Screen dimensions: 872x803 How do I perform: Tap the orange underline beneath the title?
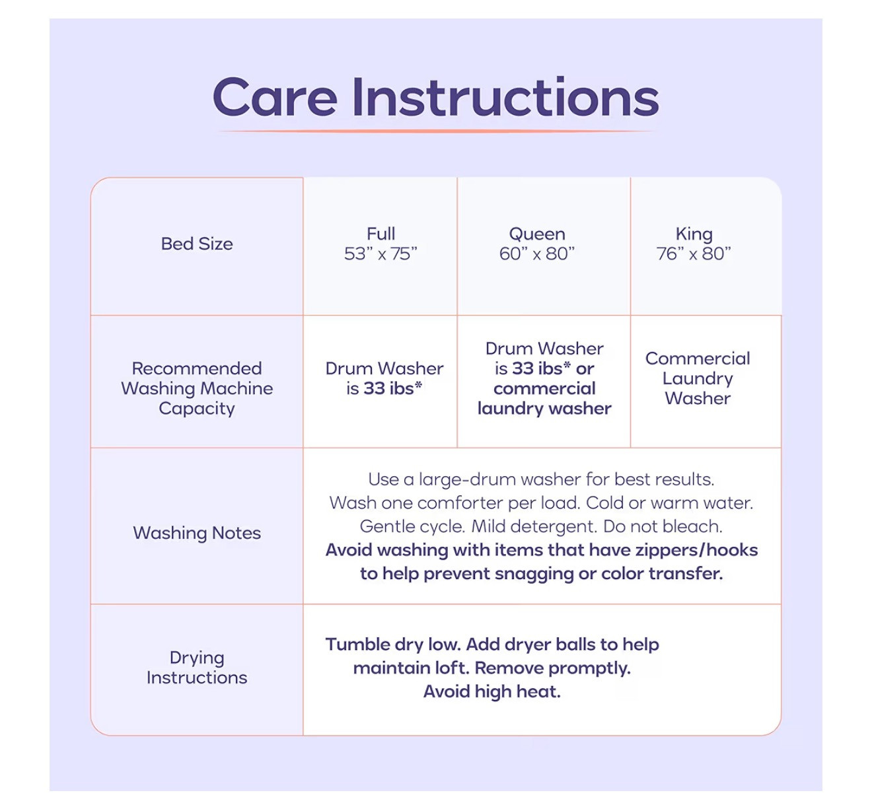pos(437,130)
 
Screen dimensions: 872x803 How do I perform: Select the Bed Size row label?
pos(197,244)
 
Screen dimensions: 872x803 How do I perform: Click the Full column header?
pos(381,234)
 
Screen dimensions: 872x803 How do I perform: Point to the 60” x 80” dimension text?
pos(537,254)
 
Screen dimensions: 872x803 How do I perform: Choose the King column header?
pos(694,234)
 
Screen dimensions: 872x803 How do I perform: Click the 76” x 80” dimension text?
pos(694,254)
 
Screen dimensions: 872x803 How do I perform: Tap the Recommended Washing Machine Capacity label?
pos(197,388)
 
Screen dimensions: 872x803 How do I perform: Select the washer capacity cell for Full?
pos(384,378)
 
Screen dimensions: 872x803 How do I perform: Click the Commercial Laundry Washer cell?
pos(698,378)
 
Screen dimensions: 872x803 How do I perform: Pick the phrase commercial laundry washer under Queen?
pos(544,398)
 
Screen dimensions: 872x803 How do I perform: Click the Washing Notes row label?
pos(197,533)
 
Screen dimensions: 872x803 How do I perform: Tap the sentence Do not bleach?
pos(663,527)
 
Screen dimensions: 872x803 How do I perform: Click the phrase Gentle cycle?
pos(412,527)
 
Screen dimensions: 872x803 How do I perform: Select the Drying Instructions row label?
pos(197,668)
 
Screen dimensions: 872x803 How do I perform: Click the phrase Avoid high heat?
pos(492,692)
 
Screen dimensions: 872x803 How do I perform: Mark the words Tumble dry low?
pos(394,645)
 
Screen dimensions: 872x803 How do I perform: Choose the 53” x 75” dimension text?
pos(381,254)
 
